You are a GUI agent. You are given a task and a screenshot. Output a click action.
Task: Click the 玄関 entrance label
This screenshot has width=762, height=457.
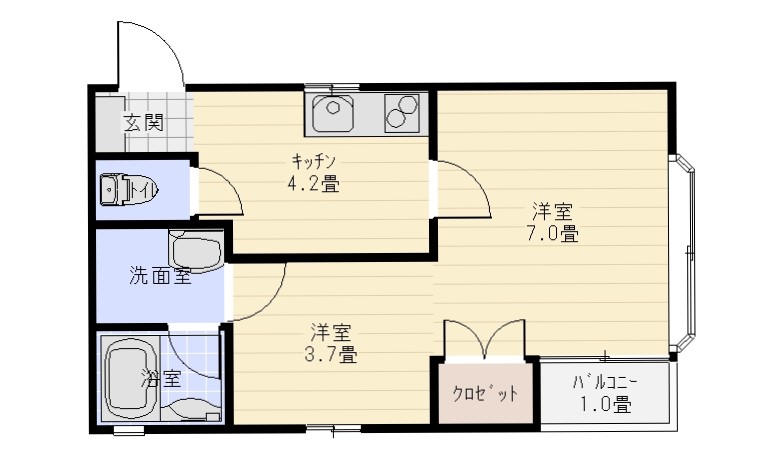(x=143, y=122)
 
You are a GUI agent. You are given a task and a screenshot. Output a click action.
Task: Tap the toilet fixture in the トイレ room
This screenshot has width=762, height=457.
(x=129, y=189)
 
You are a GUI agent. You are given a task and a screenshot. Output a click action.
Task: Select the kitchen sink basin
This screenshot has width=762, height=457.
(x=332, y=113)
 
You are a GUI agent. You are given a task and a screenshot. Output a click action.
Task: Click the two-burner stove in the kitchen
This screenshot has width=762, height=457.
(x=401, y=113)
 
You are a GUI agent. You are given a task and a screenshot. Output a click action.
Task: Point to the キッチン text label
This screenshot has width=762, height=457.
(x=314, y=160)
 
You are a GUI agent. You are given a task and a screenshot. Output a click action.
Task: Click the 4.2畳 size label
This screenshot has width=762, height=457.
(x=313, y=184)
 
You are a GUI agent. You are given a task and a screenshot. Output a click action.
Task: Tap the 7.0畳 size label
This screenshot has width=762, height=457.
(x=553, y=234)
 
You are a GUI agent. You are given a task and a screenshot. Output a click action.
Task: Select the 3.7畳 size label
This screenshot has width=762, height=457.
(x=331, y=355)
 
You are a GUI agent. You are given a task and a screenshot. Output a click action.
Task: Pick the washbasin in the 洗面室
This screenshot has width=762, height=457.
(x=196, y=250)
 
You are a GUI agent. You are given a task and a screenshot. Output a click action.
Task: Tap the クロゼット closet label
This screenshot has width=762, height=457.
(x=485, y=393)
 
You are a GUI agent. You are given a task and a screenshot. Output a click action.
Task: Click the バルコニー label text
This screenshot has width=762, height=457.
(x=605, y=383)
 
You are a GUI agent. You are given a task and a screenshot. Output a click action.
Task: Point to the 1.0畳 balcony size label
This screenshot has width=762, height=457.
(x=606, y=404)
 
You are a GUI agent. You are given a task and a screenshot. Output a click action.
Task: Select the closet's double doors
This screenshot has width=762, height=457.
(x=485, y=339)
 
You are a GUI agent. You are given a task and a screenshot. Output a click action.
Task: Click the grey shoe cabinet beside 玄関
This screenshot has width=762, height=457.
(x=110, y=123)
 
